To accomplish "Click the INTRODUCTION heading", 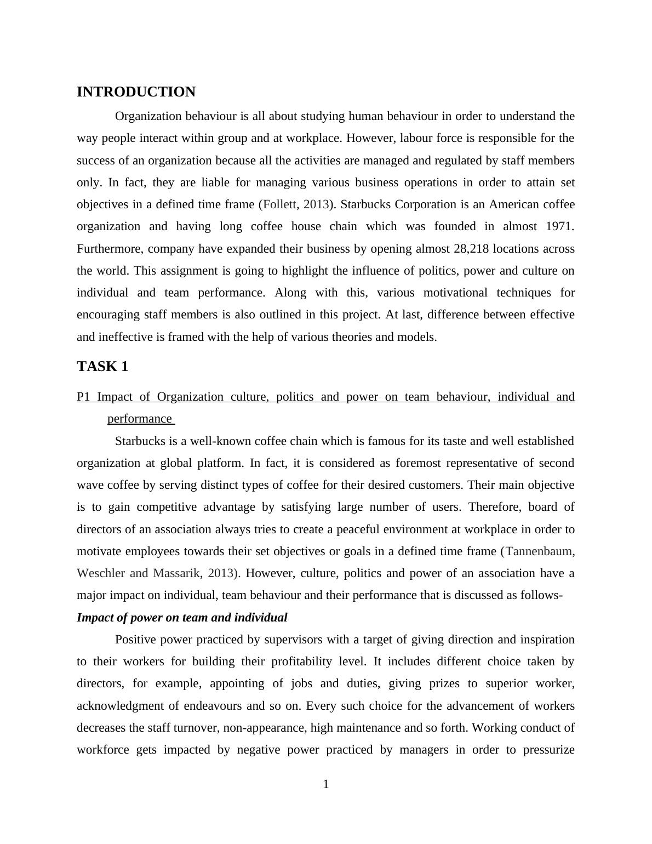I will click(136, 92).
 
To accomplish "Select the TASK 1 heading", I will click(102, 367).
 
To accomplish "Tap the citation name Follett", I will click(280, 204).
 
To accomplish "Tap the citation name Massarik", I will click(176, 573).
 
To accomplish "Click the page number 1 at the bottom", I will click(326, 785).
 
